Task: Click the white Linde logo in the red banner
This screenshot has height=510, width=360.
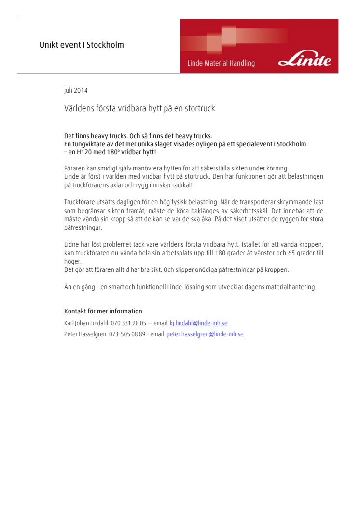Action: coord(305,60)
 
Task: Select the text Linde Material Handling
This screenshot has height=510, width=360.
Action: coord(221,63)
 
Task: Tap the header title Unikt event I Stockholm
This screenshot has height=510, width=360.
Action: coord(82,45)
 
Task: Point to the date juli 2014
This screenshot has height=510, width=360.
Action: coord(76,90)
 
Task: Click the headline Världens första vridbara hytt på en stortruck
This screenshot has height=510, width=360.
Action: coord(139,108)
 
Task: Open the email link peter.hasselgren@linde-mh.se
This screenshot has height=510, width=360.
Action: coord(205,334)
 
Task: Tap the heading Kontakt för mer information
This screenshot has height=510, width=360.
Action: coord(103,311)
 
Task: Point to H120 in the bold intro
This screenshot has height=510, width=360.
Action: coord(86,152)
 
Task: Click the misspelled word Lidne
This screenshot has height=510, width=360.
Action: coord(72,244)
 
